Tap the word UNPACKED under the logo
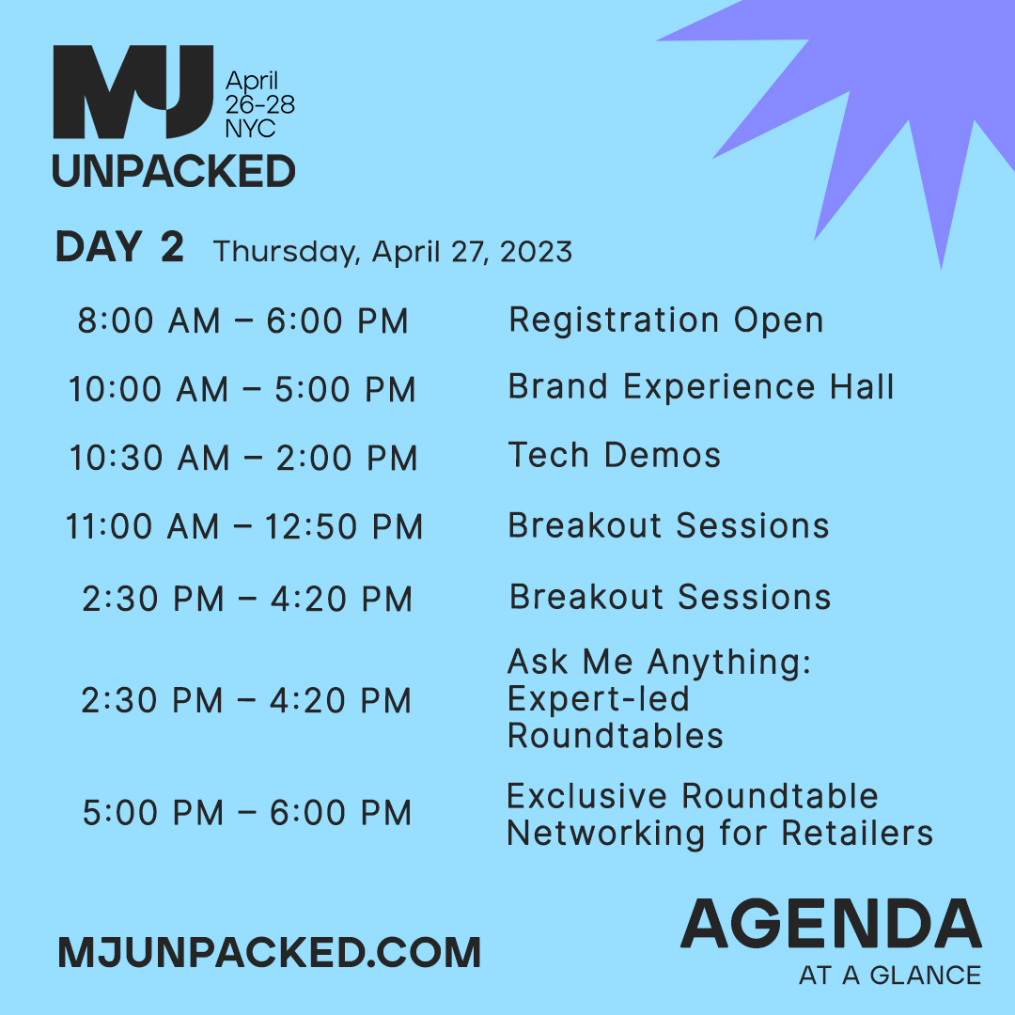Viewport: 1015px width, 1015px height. tap(174, 172)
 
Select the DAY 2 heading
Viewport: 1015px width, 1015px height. tap(119, 248)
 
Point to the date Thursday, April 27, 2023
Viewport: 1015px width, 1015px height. tap(393, 252)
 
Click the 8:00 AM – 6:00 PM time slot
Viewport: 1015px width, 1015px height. tap(242, 321)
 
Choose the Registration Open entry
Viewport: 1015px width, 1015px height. tap(665, 320)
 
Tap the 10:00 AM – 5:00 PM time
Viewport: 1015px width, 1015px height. tap(242, 390)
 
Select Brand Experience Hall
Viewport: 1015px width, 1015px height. tap(701, 387)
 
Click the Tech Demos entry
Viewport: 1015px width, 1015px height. tap(615, 455)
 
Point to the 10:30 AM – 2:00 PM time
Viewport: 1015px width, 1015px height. tap(242, 459)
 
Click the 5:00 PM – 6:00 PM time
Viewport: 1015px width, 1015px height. tap(247, 813)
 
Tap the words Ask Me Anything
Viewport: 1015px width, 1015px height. tap(659, 664)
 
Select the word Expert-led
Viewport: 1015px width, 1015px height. tap(599, 699)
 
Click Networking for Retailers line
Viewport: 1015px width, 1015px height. tap(720, 833)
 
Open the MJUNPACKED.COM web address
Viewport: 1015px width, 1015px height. tap(269, 952)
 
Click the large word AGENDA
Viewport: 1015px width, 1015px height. tap(831, 925)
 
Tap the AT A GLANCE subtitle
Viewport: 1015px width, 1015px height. tap(889, 975)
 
